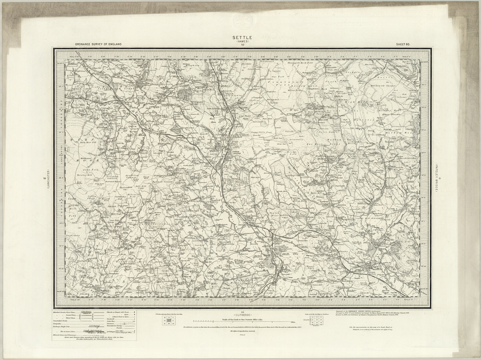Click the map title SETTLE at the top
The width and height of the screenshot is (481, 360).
(242, 38)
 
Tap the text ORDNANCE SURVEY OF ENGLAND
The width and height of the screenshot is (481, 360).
(98, 44)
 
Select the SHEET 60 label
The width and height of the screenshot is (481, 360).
(403, 44)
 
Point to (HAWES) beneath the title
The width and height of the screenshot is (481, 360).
(242, 41)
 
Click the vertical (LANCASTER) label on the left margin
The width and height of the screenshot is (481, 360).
(46, 179)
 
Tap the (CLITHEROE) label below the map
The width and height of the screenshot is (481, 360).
(243, 314)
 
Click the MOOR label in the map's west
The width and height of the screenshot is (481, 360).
(82, 160)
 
